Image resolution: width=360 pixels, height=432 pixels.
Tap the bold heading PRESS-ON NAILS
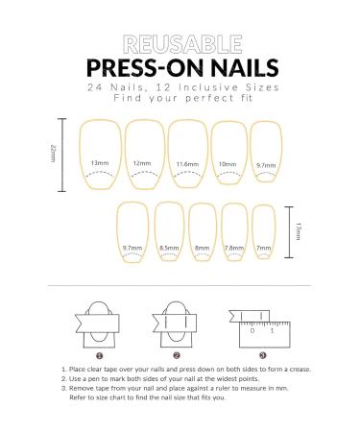click(x=180, y=67)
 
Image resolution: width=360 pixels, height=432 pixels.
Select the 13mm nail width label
click(x=100, y=163)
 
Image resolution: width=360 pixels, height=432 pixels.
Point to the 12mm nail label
click(x=143, y=163)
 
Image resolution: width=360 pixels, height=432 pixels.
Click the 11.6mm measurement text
click(x=188, y=165)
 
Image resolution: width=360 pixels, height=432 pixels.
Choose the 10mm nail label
click(x=228, y=164)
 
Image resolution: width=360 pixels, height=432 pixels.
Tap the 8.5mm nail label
click(x=167, y=248)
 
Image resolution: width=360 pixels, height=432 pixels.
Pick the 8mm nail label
click(x=203, y=248)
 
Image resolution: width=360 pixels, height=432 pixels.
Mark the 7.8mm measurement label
click(x=234, y=248)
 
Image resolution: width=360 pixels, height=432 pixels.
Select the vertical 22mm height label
click(x=54, y=153)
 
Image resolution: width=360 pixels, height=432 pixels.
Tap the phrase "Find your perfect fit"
click(x=180, y=98)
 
